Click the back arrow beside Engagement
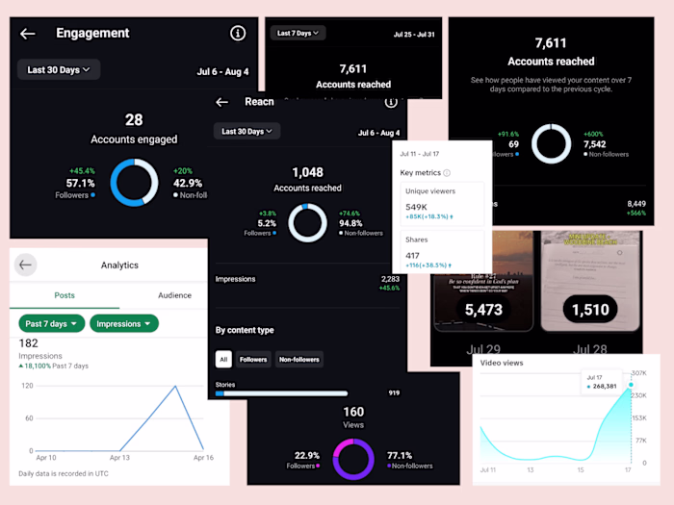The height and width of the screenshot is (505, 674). pyautogui.click(x=28, y=34)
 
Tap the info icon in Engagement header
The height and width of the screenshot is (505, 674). pyautogui.click(x=238, y=34)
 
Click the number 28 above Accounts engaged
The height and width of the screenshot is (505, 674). pyautogui.click(x=134, y=119)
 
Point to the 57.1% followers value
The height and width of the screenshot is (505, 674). pyautogui.click(x=80, y=183)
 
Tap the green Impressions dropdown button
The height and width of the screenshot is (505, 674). pyautogui.click(x=124, y=323)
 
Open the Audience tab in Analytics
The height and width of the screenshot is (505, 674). pyautogui.click(x=174, y=295)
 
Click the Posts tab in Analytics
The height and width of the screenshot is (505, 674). pyautogui.click(x=65, y=295)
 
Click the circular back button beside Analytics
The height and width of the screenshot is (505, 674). pyautogui.click(x=26, y=265)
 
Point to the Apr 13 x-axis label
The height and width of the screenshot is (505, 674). pyautogui.click(x=119, y=458)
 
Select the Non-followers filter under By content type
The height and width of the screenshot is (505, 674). pyautogui.click(x=299, y=360)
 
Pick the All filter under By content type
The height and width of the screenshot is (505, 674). pyautogui.click(x=223, y=360)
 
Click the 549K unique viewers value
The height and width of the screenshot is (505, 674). pyautogui.click(x=417, y=207)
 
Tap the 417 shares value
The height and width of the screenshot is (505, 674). pyautogui.click(x=413, y=255)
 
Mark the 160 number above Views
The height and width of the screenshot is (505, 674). pyautogui.click(x=353, y=412)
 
